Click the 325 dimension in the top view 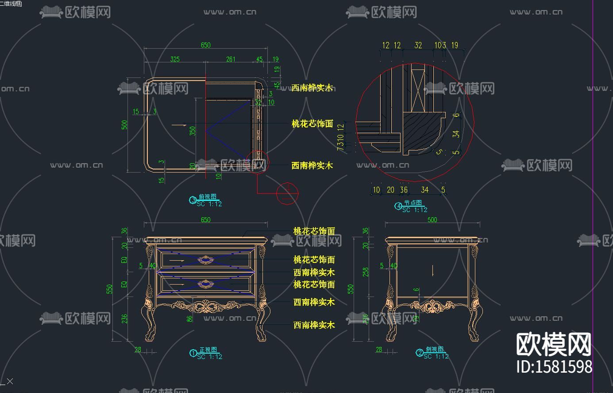coord(175,59)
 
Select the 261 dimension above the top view coord(231,59)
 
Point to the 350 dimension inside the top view coord(193,131)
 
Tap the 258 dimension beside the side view coord(366,272)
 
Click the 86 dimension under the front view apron coord(190,318)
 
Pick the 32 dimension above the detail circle coord(418,45)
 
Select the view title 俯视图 coord(208,197)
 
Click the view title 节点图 coord(413,203)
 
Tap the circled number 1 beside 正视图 coord(193,353)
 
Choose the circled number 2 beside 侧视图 coord(420,353)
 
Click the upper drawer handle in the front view coord(205,260)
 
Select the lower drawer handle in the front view coord(205,284)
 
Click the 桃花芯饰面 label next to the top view coord(312,124)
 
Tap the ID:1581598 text coord(554,367)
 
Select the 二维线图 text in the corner coord(11,3)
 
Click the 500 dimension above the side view coord(432,220)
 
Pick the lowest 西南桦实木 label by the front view coord(314,325)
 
